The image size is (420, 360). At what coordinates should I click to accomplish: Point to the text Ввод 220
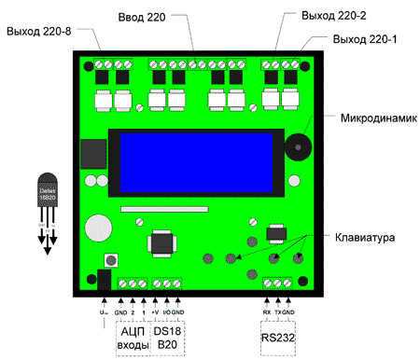pos(144,18)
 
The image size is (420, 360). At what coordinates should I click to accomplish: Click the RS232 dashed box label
pos(277,337)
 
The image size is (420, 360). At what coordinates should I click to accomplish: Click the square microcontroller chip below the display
pos(161,243)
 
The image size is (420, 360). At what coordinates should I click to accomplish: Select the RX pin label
pos(266,311)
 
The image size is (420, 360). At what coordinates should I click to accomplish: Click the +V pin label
pos(155,312)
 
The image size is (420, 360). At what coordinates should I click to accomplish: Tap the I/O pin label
pos(166,312)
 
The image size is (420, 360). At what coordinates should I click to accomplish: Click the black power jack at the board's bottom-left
pos(104,280)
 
